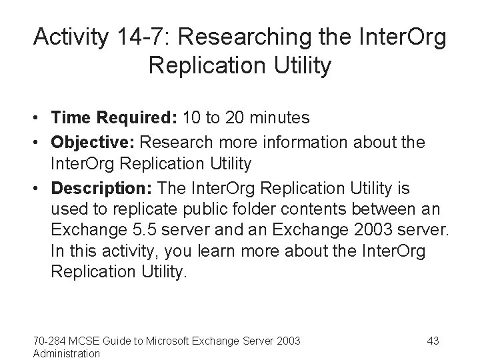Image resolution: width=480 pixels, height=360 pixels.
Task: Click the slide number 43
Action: pos(433,341)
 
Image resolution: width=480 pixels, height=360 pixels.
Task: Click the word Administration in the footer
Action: pos(66,353)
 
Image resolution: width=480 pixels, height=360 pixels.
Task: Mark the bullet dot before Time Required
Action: pos(39,119)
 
